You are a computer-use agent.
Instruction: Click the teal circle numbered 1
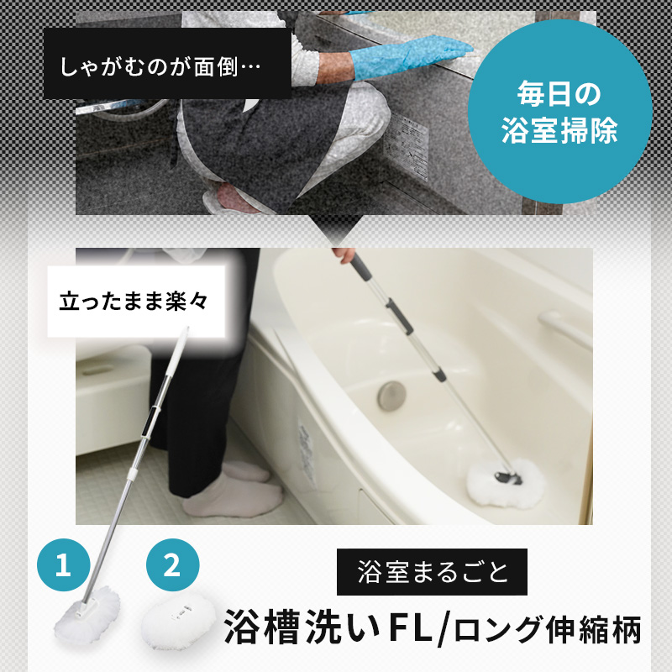coord(64,564)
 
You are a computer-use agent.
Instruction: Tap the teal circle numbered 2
coord(172,564)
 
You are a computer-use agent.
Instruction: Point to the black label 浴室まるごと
coord(432,572)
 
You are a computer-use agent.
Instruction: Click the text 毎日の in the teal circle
coord(559,93)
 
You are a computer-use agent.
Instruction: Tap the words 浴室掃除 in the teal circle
coord(559,130)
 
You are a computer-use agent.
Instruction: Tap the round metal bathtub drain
coord(391,396)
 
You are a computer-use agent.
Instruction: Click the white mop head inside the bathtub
coord(506,481)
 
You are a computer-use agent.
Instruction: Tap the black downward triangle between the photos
coord(335,228)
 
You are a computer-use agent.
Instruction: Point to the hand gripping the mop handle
coord(344,255)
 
